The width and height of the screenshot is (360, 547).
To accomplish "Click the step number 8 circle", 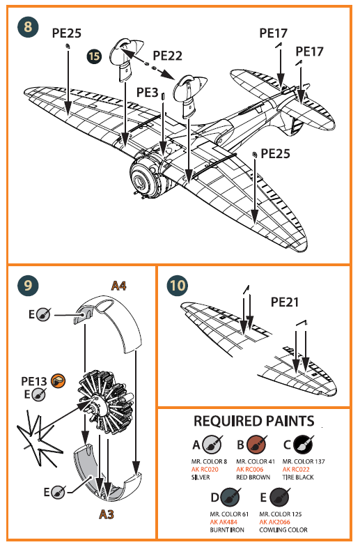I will pos(28,27).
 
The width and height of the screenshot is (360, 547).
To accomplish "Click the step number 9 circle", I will pos(27,286).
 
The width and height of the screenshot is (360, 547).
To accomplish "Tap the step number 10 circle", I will pos(178,286).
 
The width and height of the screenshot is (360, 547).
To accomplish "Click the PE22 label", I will pos(167,55).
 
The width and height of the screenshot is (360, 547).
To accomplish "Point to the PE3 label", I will pos(148,92).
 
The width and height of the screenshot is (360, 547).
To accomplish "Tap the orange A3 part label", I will pos(106,515).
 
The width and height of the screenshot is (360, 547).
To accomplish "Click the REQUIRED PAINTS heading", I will pos(253,422).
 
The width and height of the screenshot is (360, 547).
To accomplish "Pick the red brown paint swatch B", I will pos(257,444).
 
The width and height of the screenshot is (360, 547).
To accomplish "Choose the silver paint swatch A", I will pos(212,444).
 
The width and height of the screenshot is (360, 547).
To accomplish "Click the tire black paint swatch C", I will pos(303,444).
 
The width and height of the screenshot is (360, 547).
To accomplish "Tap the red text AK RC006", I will pos(249,469).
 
